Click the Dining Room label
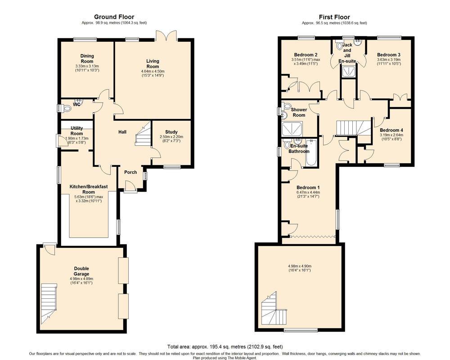coord(87,58)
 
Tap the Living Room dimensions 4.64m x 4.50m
coord(153,72)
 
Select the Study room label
coord(171,132)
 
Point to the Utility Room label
coord(76,130)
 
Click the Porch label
coord(130,172)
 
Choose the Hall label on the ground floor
coord(122,132)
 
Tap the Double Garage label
coord(81,271)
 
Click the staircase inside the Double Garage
coord(49,302)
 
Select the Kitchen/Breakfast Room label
coord(89,189)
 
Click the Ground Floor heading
coord(114,17)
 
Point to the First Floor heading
coord(334,17)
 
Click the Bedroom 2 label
coord(306,55)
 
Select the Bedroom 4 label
coord(391,130)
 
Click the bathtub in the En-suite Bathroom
coord(311,153)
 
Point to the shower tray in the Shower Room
coord(292,129)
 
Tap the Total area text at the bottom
coord(225,347)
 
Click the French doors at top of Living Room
coord(166,35)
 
